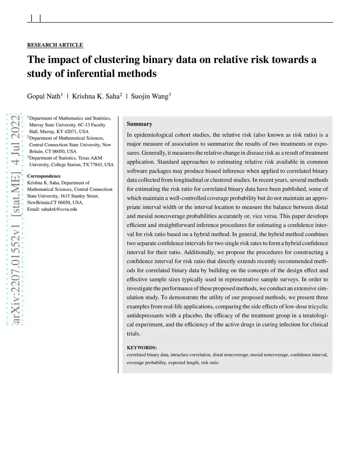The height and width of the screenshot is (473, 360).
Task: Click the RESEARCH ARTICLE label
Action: point(55,45)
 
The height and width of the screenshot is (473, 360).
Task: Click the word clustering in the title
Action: point(117,59)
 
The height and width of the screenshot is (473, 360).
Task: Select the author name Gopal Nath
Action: point(44,96)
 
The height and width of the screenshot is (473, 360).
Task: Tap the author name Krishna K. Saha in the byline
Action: point(96,96)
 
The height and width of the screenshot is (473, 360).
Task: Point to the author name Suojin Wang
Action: point(149,96)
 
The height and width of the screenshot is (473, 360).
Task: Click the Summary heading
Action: point(140,124)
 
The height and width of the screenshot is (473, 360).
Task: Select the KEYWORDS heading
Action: point(142,348)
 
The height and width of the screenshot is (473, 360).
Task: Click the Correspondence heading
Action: point(44,176)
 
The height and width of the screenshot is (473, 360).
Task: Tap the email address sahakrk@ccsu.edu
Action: point(59,209)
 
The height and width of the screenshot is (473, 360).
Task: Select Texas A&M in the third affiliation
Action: point(91,158)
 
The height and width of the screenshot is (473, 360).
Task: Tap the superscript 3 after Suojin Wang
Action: point(170,94)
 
